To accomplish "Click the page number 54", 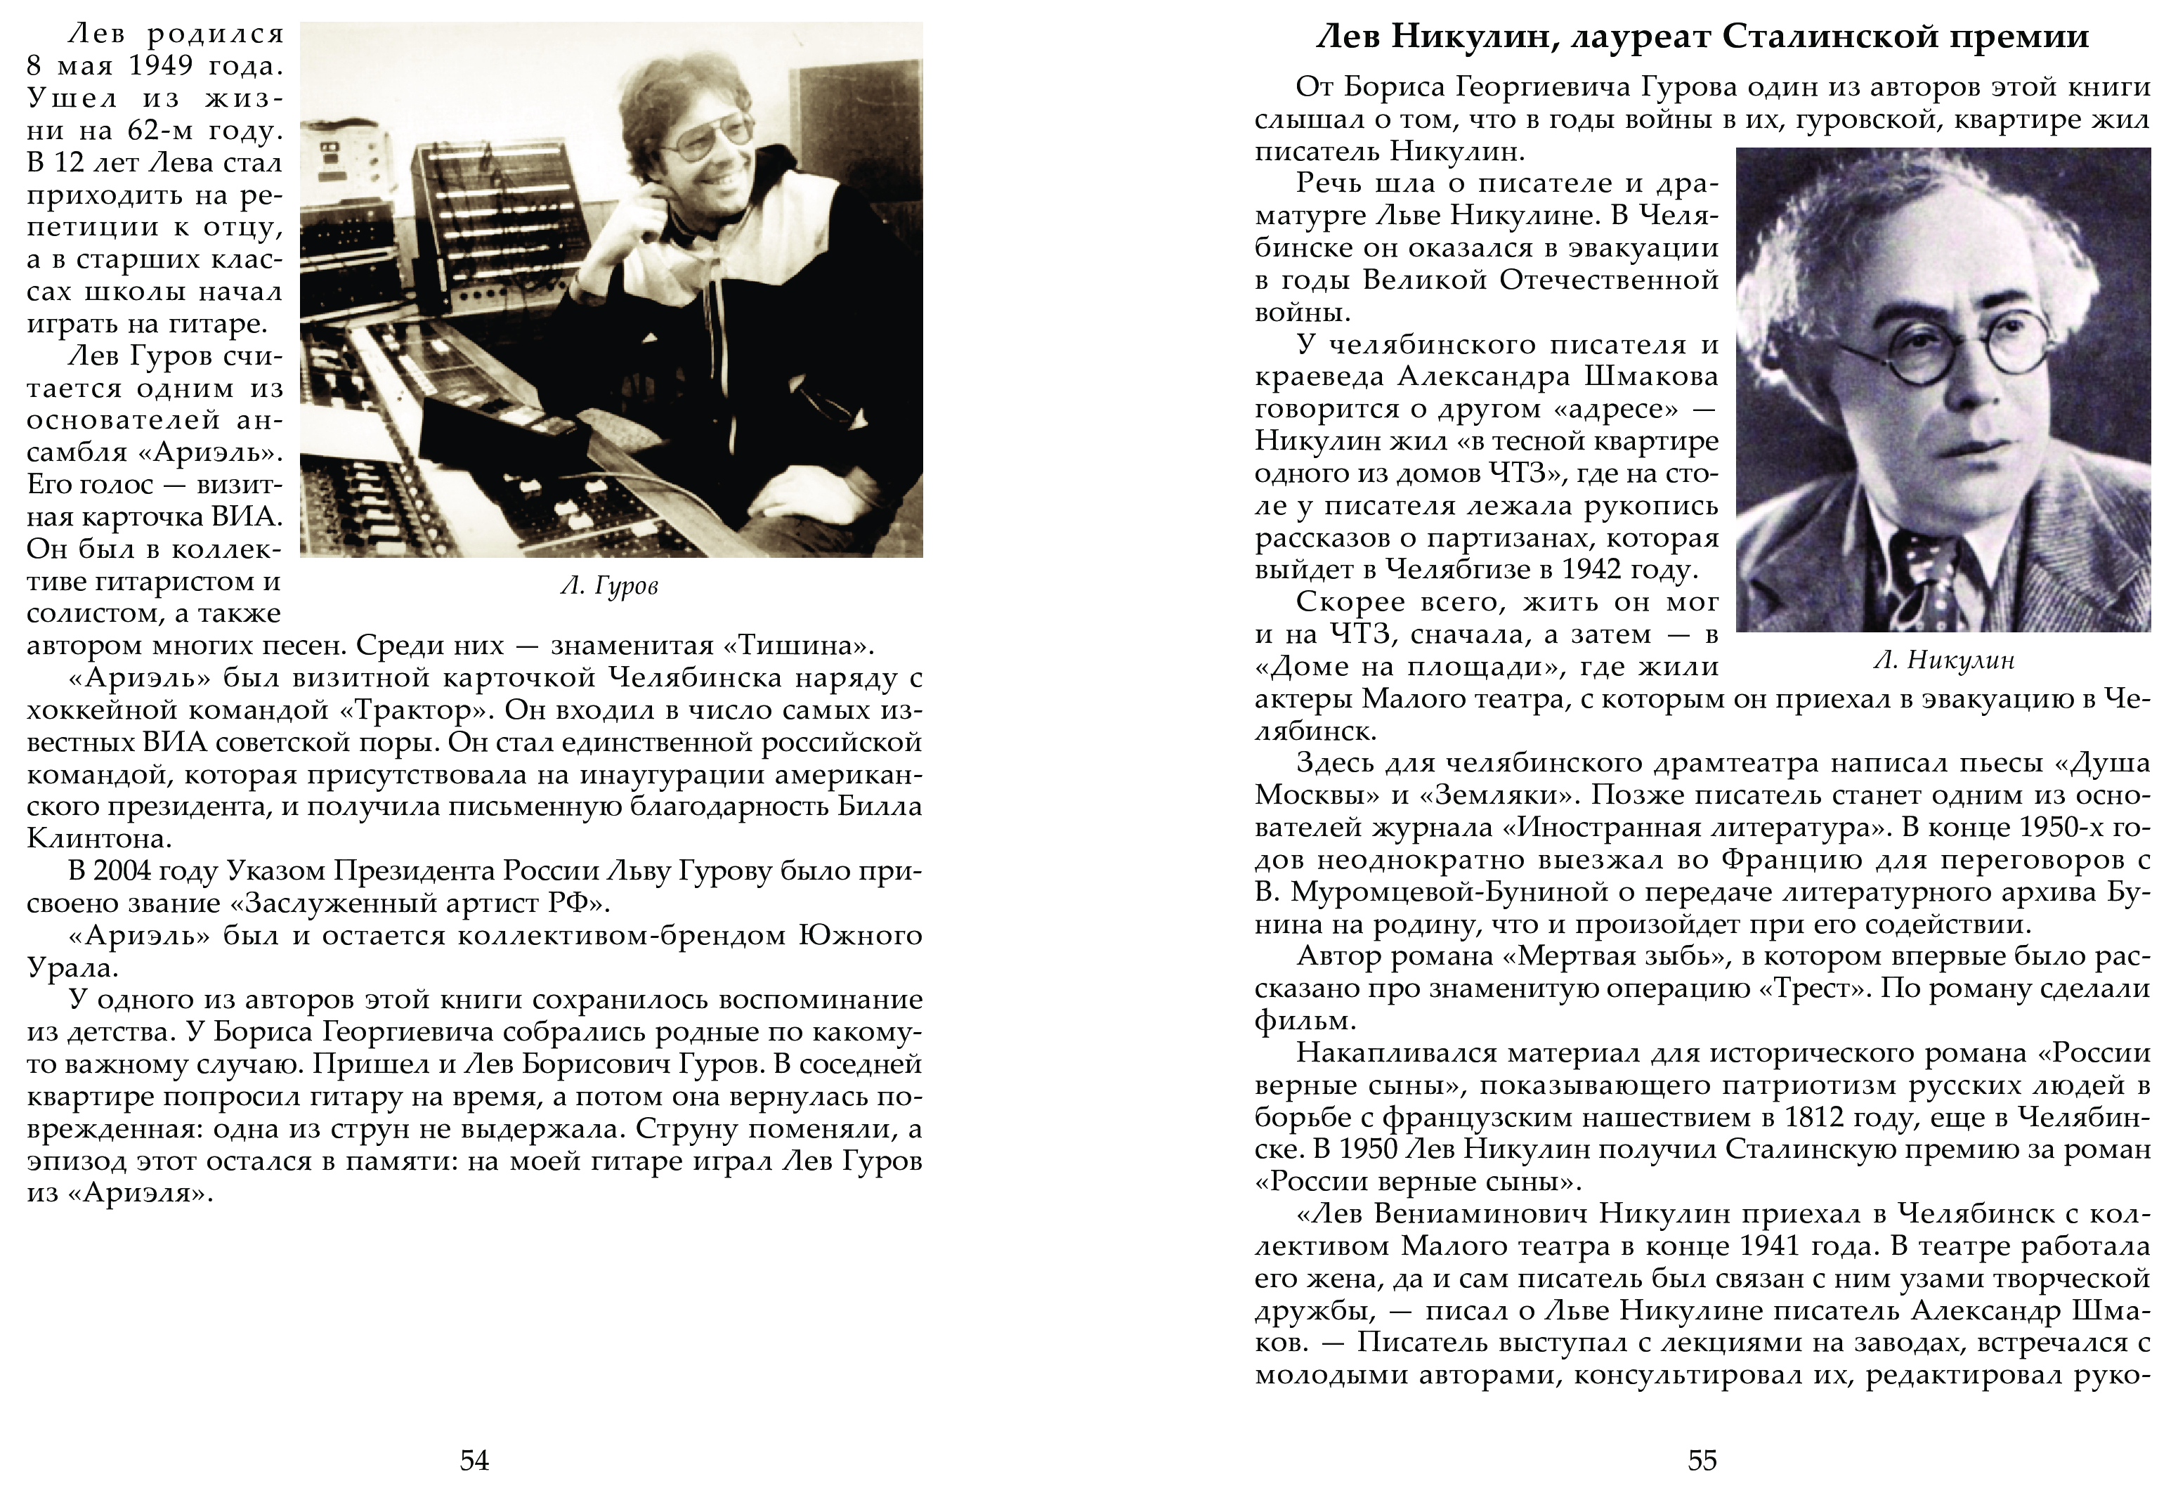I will tap(474, 1459).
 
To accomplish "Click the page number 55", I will tap(1702, 1459).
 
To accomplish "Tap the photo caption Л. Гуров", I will tap(609, 586).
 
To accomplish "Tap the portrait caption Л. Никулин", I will tap(1944, 660).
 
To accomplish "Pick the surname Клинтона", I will tap(98, 838).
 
